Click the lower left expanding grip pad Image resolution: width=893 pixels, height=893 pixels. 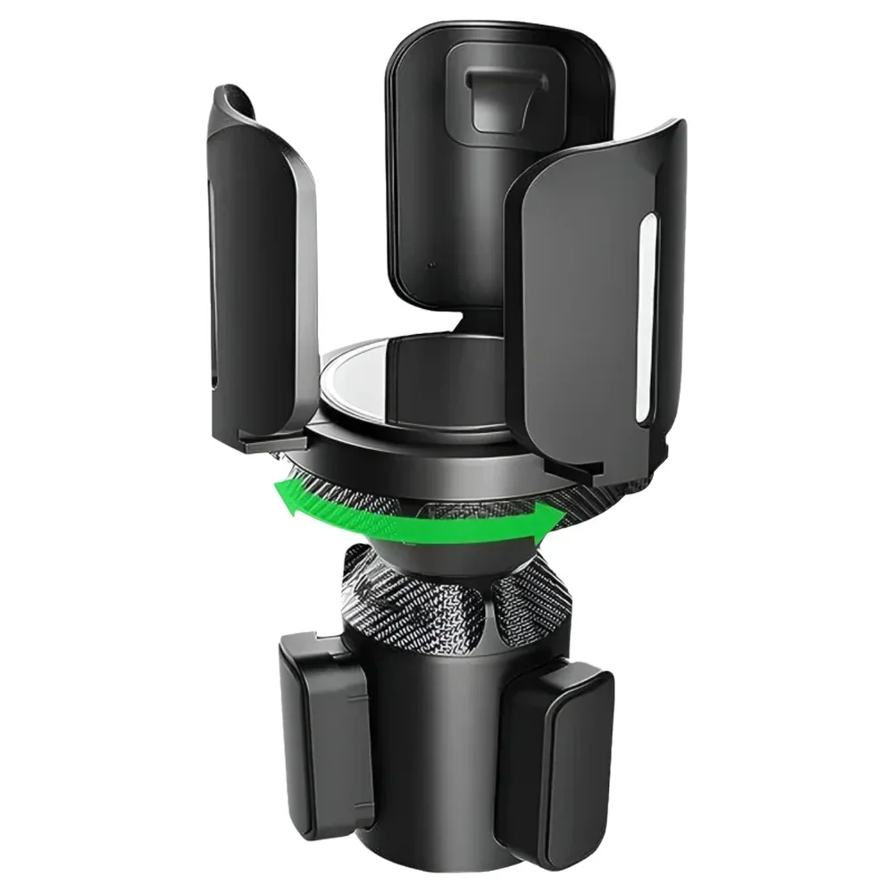point(327,732)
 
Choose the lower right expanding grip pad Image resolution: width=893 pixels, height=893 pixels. point(562,750)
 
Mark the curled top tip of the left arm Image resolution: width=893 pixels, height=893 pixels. point(234,98)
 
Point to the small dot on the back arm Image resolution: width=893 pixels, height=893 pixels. point(432,265)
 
